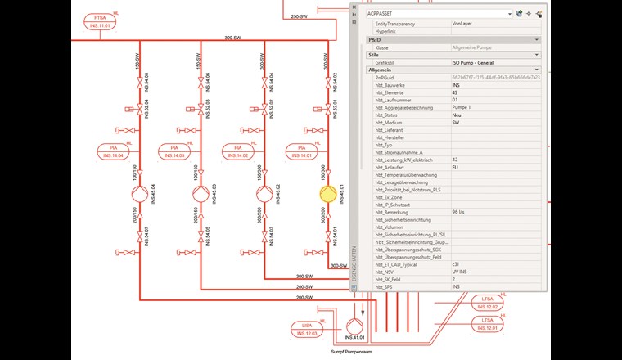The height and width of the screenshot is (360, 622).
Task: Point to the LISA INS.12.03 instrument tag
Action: pyautogui.click(x=306, y=329)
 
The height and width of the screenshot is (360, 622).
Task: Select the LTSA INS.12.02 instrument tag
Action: pyautogui.click(x=489, y=301)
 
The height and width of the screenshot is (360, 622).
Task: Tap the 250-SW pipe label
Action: pyautogui.click(x=298, y=16)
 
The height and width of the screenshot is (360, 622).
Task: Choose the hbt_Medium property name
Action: pyautogui.click(x=391, y=124)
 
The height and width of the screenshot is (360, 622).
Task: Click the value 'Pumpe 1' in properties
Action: pyautogui.click(x=463, y=108)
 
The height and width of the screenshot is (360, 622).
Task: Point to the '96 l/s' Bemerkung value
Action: pyautogui.click(x=460, y=211)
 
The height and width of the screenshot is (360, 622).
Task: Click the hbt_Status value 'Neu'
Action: pyautogui.click(x=457, y=116)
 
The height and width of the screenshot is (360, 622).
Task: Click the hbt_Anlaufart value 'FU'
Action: pyautogui.click(x=456, y=169)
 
